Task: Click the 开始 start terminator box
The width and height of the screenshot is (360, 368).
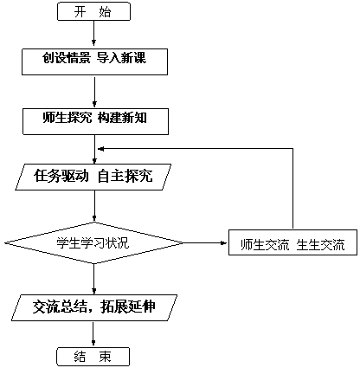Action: (94, 11)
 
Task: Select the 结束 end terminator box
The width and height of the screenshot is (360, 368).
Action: (93, 357)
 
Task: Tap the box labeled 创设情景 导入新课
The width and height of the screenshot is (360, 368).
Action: (95, 61)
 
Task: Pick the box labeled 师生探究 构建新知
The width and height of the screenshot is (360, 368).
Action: (95, 121)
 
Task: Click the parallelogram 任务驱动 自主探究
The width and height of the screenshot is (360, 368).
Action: (93, 177)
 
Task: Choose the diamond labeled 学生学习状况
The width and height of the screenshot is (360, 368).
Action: (94, 242)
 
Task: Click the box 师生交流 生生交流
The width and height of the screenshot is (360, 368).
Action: (292, 242)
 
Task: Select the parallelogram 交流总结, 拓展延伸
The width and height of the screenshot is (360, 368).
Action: (94, 307)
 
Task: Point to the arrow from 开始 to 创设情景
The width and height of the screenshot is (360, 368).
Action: (94, 33)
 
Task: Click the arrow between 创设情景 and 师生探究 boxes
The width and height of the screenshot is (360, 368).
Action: (94, 92)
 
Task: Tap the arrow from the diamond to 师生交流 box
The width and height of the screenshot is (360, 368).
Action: (206, 242)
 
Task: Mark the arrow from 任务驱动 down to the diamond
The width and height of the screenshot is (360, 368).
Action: (94, 206)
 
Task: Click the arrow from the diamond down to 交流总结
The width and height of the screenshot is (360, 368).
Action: (93, 279)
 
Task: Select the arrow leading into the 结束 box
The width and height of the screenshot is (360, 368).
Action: (93, 334)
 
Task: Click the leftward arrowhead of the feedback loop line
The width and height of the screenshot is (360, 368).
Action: (100, 149)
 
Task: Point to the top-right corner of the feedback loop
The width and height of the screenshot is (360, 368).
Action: (292, 149)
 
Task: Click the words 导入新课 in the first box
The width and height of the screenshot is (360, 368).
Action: (121, 58)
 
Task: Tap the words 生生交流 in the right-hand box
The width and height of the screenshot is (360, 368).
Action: (320, 245)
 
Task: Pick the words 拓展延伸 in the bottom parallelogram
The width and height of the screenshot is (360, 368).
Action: (128, 307)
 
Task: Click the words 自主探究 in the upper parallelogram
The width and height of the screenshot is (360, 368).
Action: (125, 176)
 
